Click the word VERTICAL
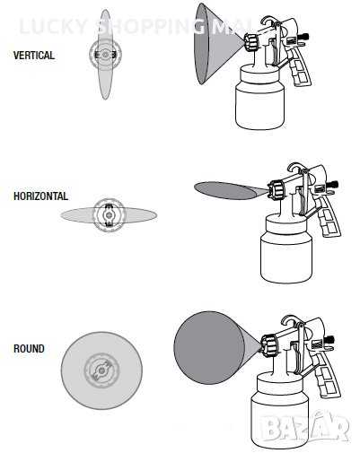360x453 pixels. [34, 56]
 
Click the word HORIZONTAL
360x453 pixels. [40, 196]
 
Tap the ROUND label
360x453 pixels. [29, 349]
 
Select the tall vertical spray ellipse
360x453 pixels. [105, 54]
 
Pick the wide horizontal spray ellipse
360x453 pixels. [109, 215]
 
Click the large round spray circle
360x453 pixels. [101, 370]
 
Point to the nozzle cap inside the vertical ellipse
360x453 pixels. [105, 55]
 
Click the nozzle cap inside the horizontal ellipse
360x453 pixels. [109, 215]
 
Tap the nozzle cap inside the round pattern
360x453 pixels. [101, 370]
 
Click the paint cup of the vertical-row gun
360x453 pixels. [259, 99]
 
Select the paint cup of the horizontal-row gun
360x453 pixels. [286, 249]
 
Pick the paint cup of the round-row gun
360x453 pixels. [280, 411]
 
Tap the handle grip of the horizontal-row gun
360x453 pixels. [329, 218]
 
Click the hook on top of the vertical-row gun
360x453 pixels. [268, 21]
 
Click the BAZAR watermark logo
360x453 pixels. [303, 427]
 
